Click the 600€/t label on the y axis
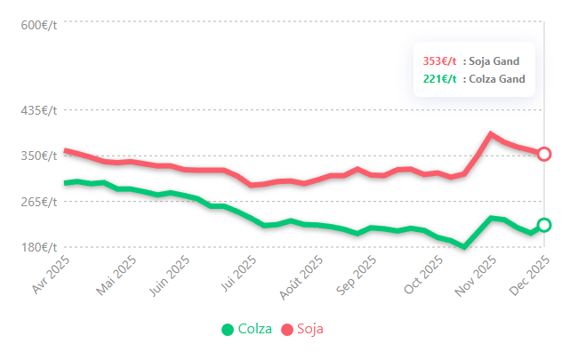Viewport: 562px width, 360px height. click(x=39, y=25)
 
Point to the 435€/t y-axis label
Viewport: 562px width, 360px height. click(x=39, y=111)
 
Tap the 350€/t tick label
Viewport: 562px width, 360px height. click(x=39, y=156)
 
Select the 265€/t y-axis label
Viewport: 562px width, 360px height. click(x=39, y=201)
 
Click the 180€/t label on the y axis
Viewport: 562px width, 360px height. click(x=39, y=246)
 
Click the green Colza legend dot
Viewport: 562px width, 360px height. click(x=228, y=330)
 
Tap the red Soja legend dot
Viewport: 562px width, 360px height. click(x=287, y=330)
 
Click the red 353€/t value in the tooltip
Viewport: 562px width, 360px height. click(x=439, y=61)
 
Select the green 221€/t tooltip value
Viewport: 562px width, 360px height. click(x=439, y=79)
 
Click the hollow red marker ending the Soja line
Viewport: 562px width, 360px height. click(x=544, y=154)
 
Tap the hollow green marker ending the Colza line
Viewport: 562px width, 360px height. click(x=544, y=225)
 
